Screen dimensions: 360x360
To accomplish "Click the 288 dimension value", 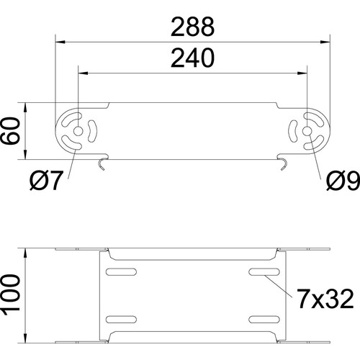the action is pos(192,27).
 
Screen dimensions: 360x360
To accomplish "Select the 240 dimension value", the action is pos(192,58).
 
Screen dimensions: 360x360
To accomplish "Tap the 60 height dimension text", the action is pos(10,131).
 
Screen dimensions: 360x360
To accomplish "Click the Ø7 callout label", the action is pos(46,181).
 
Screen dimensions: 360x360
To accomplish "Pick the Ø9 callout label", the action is pos(343,181).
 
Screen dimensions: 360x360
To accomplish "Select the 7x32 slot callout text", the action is pos(325,299).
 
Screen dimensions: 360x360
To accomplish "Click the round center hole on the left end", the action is pos(78,131).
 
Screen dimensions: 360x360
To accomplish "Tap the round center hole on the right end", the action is pos(307,131).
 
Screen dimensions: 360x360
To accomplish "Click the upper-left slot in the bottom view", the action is pos(121,271).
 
